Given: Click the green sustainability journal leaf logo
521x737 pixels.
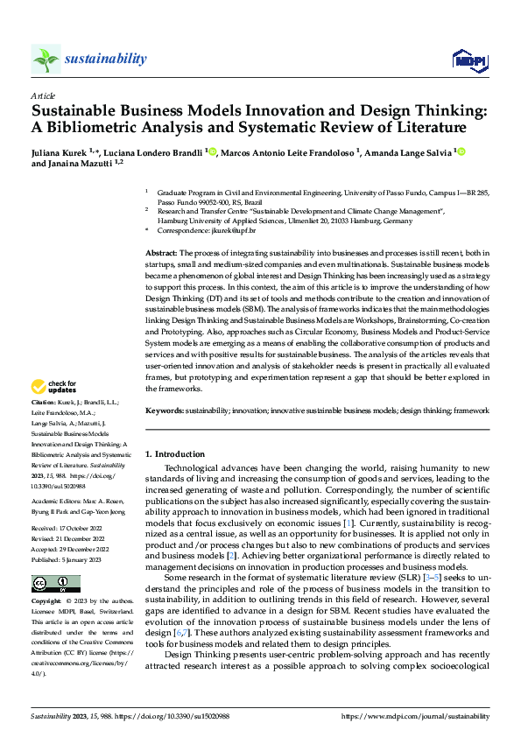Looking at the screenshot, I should click(x=46, y=59).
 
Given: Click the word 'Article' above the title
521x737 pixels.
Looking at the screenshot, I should click(x=43, y=95).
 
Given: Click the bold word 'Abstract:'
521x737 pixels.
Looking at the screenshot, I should click(x=163, y=252).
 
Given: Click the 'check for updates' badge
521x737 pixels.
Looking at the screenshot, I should click(x=53, y=386).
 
